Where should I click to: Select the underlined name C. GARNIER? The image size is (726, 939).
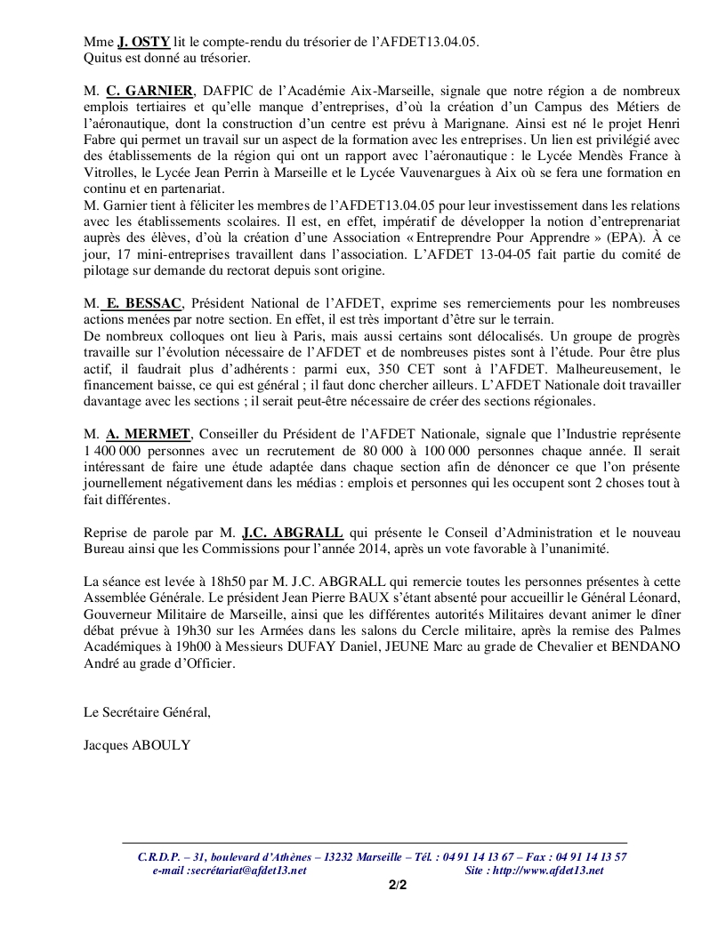(142, 91)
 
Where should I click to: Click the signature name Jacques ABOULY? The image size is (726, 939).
(136, 744)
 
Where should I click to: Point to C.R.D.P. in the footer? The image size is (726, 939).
(161, 856)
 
